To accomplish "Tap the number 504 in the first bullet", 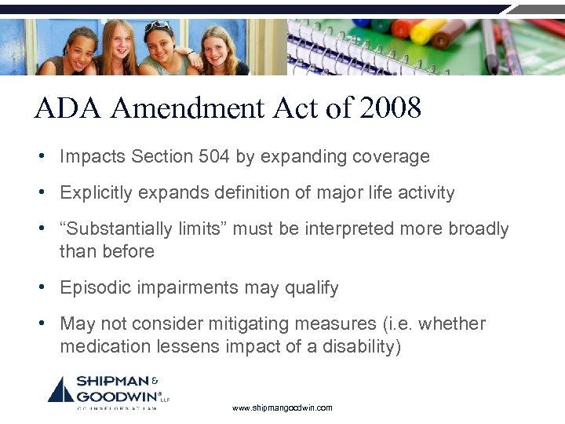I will tap(214, 156).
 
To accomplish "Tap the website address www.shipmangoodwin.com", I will tap(282, 408).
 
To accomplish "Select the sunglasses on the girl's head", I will tap(157, 27).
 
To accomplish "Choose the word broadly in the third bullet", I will tap(479, 228).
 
